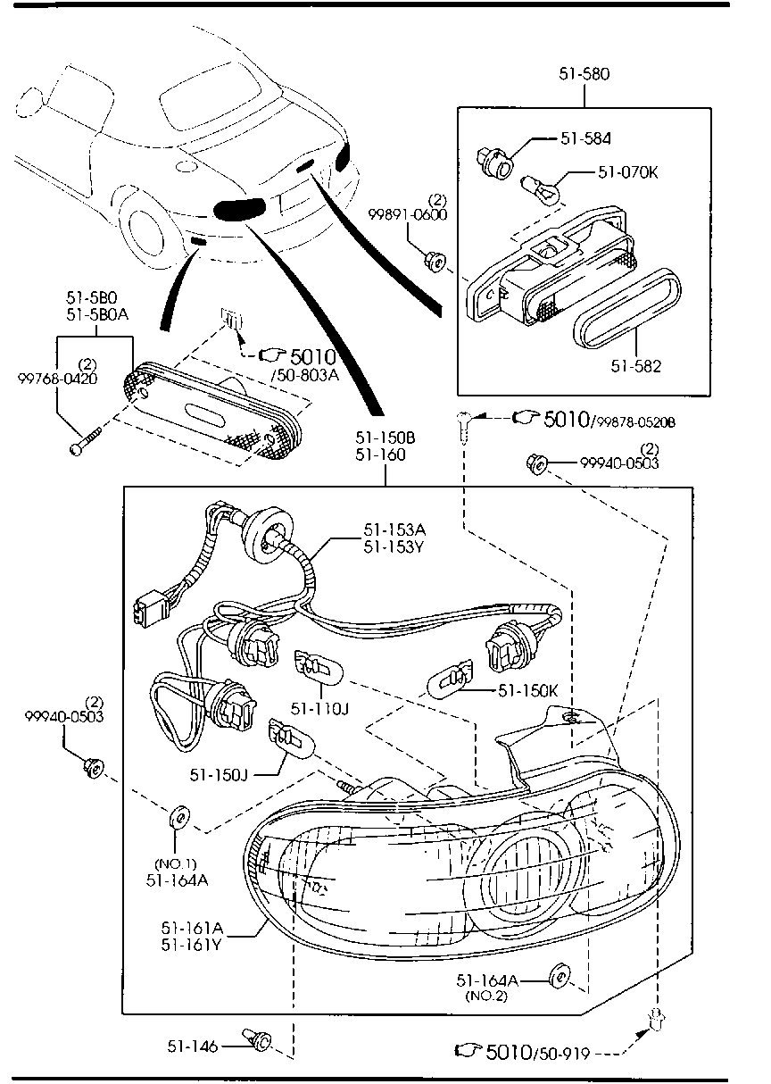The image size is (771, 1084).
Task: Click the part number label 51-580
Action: [x=584, y=74]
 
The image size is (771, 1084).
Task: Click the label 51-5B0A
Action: [x=96, y=314]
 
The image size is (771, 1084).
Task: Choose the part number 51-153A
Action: [x=394, y=529]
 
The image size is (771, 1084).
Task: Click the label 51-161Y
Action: [x=193, y=944]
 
